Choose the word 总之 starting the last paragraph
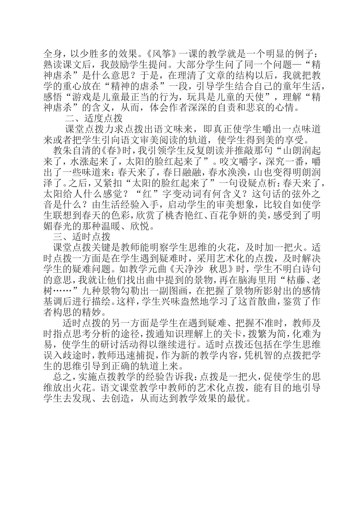point(63,379)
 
